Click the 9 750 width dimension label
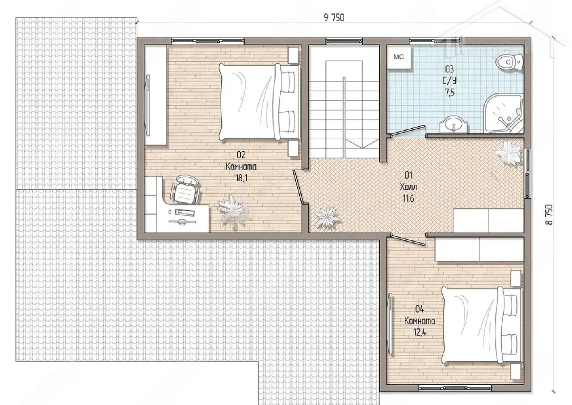334,17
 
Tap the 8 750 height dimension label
549,215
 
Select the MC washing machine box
399,57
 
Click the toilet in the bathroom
509,62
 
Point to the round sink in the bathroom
454,125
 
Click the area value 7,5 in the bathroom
450,92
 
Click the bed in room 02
259,102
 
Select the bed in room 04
482,325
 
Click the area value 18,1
241,178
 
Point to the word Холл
408,187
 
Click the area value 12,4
420,333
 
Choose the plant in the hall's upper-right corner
508,153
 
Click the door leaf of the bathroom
406,131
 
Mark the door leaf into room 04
408,240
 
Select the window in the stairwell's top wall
344,41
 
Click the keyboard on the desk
185,212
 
